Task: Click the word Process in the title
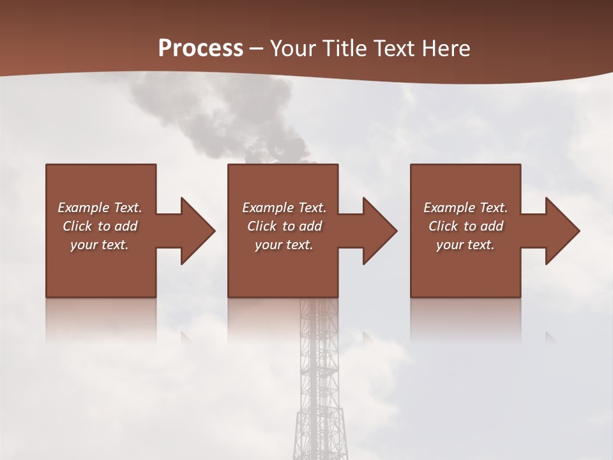(x=201, y=48)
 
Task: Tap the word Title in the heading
(x=342, y=48)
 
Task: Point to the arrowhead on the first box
(x=195, y=231)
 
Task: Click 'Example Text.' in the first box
(x=100, y=208)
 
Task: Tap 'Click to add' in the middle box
(x=284, y=226)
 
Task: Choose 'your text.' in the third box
(x=465, y=245)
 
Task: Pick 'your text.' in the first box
(x=100, y=245)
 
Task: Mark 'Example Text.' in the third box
(x=465, y=208)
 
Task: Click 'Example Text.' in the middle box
(x=284, y=208)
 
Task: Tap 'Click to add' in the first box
(x=100, y=226)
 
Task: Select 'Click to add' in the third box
(x=465, y=226)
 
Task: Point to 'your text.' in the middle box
(x=284, y=245)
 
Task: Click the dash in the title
(x=257, y=49)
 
